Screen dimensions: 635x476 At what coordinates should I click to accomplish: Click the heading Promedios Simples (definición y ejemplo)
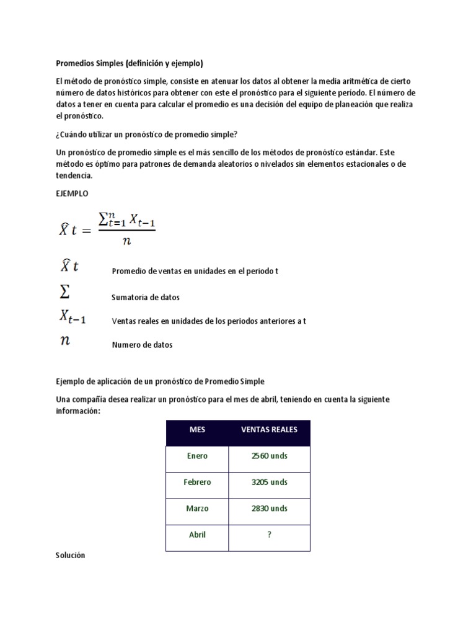pyautogui.click(x=130, y=63)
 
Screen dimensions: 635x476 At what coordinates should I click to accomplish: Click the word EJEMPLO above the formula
pyautogui.click(x=73, y=193)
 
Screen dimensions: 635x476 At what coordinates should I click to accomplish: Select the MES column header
pyautogui.click(x=197, y=430)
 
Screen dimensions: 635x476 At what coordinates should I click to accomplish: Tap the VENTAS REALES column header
pyautogui.click(x=269, y=430)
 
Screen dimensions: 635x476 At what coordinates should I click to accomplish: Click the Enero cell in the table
pyautogui.click(x=197, y=456)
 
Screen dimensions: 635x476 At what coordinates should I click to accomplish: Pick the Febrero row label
pyautogui.click(x=197, y=482)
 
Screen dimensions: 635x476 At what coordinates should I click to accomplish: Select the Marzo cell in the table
pyautogui.click(x=197, y=508)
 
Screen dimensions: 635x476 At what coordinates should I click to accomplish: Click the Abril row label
pyautogui.click(x=197, y=535)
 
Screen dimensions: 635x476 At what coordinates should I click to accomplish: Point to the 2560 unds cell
pyautogui.click(x=269, y=456)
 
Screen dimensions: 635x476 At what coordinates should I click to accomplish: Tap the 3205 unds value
pyautogui.click(x=269, y=482)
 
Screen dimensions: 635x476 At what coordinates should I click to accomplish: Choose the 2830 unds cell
pyautogui.click(x=269, y=508)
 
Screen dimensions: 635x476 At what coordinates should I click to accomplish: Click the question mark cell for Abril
pyautogui.click(x=269, y=535)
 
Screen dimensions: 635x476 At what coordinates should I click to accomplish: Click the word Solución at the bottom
pyautogui.click(x=70, y=556)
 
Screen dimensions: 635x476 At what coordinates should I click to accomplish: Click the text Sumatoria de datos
pyautogui.click(x=146, y=298)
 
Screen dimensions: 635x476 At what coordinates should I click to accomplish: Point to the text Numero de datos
pyautogui.click(x=142, y=345)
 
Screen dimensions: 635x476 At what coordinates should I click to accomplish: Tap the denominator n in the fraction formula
pyautogui.click(x=127, y=242)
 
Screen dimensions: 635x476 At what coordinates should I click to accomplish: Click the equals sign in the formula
pyautogui.click(x=86, y=231)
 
